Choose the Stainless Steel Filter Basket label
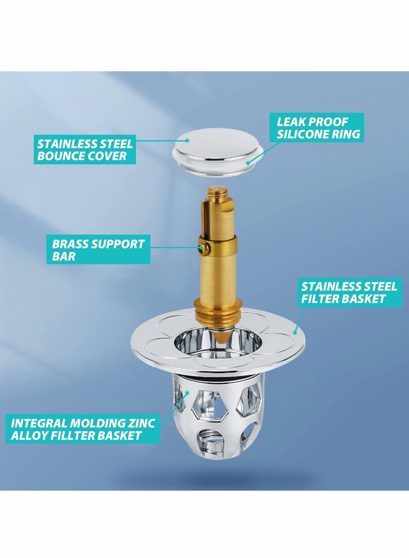(x=343, y=292)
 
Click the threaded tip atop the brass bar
(x=213, y=194)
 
